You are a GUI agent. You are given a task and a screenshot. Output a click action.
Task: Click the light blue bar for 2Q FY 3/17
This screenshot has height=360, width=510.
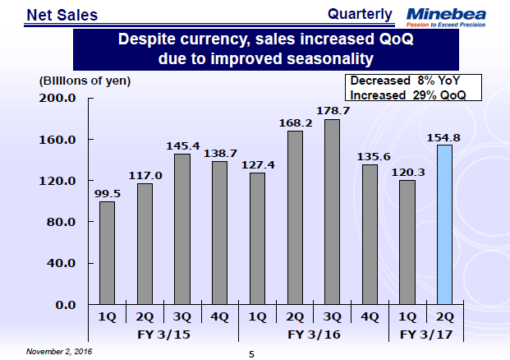tap(444, 224)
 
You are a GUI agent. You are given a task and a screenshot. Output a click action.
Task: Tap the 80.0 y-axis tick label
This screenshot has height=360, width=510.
tap(61, 222)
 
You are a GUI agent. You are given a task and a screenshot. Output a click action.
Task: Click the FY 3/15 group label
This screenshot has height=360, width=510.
tap(161, 335)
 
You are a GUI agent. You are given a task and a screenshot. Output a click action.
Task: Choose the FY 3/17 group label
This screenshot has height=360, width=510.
tap(425, 335)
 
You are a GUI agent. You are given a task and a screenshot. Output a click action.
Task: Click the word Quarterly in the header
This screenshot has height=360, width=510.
tap(360, 14)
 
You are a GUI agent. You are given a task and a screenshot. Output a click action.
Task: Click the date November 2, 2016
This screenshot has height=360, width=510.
tap(58, 351)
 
